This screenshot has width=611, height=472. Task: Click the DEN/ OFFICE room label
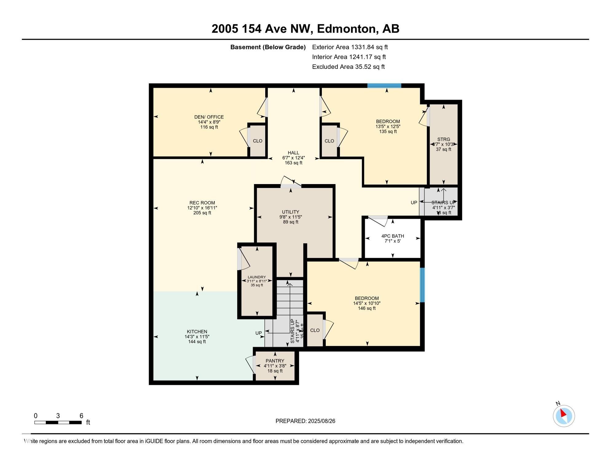[209, 117]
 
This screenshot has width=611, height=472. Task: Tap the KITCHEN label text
[197, 332]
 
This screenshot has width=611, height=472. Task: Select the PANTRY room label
[275, 361]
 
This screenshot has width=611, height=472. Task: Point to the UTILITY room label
[290, 212]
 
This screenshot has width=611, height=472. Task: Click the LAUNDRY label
[257, 277]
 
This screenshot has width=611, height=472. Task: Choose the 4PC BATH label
[392, 236]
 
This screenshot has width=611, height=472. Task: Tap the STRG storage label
[443, 140]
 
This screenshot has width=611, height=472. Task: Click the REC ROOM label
[202, 203]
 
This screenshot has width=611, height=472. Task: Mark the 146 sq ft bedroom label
[367, 298]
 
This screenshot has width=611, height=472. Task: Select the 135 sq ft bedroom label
[388, 121]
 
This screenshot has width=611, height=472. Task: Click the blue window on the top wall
[384, 86]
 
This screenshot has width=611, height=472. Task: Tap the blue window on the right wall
[422, 285]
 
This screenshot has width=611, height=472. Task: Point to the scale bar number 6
[81, 416]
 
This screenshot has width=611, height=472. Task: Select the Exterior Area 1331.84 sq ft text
[350, 47]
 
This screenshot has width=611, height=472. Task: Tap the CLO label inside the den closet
[258, 141]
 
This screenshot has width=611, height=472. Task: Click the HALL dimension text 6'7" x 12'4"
[293, 158]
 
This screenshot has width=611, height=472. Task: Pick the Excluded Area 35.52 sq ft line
[348, 67]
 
